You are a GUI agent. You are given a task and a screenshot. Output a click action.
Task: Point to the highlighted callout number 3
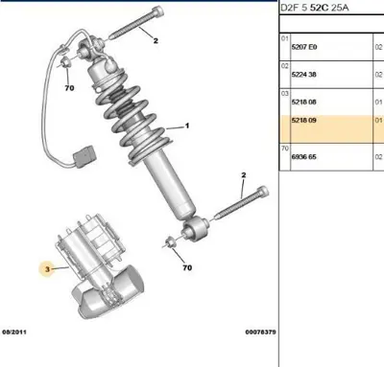(45, 271)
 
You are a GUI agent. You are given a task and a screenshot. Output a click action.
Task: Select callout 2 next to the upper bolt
(150, 41)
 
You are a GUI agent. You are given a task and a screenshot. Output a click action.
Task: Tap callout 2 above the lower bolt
(243, 175)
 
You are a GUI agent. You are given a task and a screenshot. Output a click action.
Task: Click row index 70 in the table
(284, 149)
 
